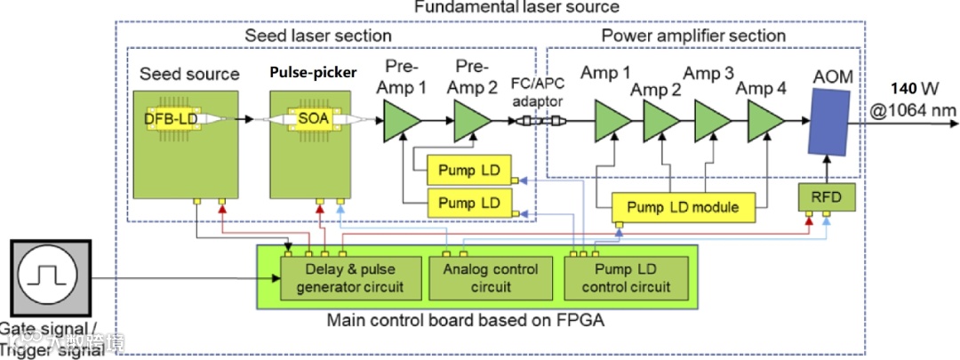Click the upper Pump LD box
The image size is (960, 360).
click(468, 169)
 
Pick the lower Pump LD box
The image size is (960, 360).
click(468, 203)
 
